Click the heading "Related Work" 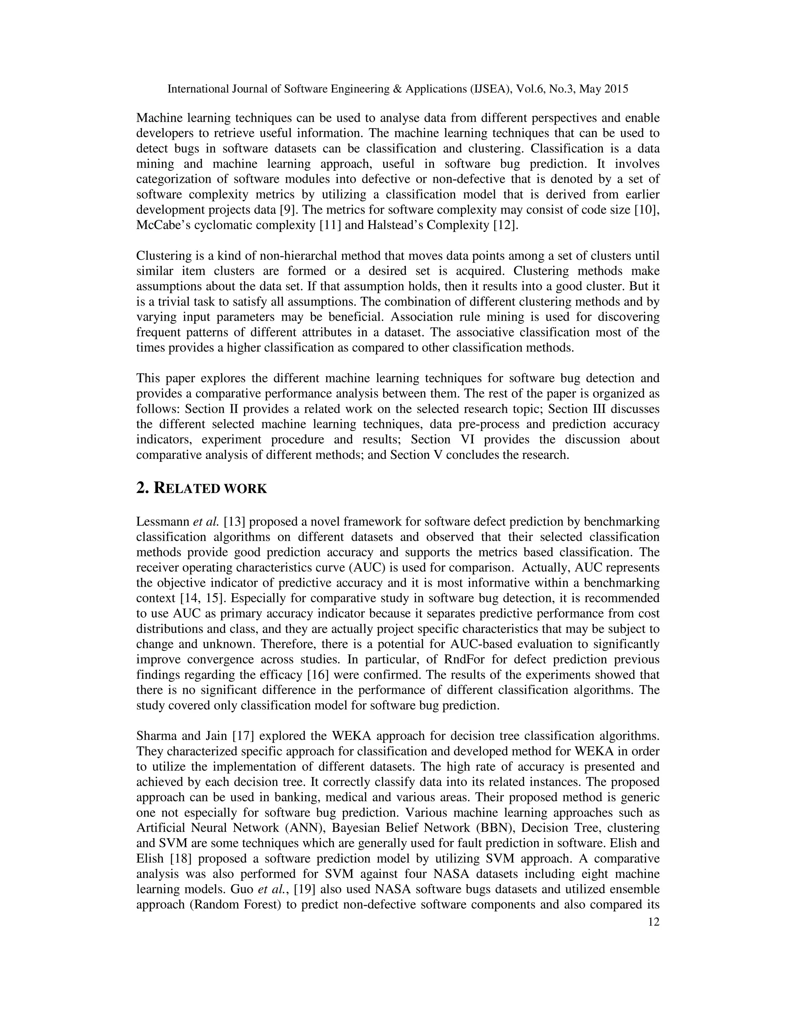[201, 488]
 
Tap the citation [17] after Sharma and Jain [243, 736]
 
